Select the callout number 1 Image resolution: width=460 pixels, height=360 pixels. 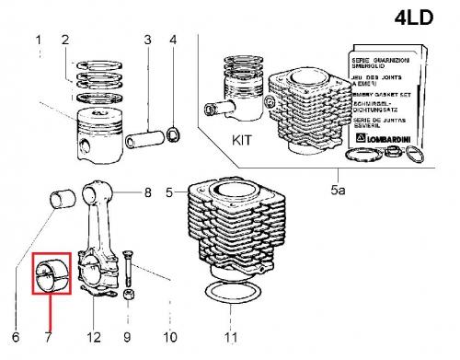click(39, 40)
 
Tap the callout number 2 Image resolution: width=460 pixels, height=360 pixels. click(64, 40)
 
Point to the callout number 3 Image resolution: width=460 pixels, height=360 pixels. click(146, 40)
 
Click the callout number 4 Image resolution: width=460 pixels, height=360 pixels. click(175, 40)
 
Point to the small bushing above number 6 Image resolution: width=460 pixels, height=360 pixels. click(63, 198)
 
